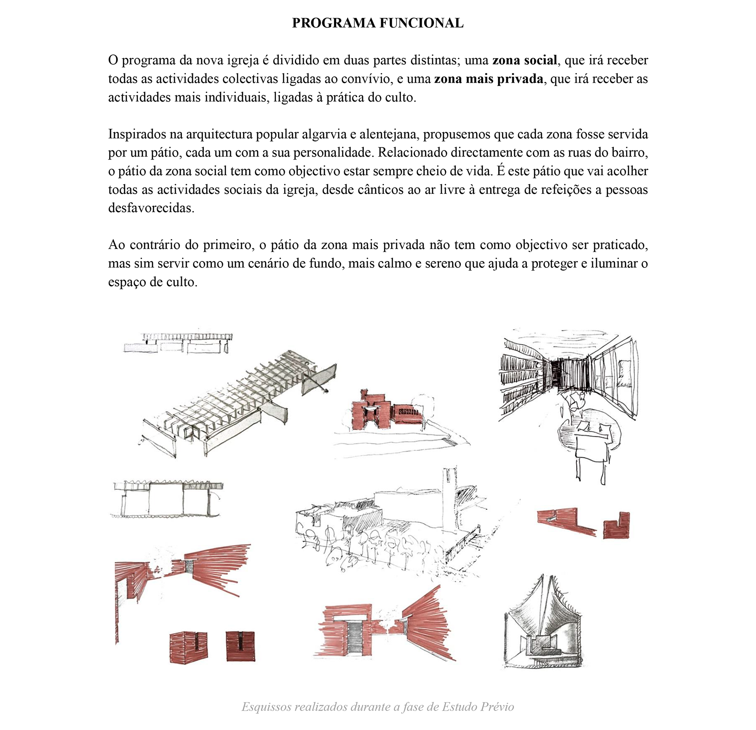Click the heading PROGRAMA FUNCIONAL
pos(378,23)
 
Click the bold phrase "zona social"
pos(524,60)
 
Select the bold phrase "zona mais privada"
pos(489,79)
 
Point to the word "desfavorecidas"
pos(151,208)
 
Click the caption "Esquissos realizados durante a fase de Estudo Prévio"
pos(378,707)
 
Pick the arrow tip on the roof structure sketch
pos(328,391)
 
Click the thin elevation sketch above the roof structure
pos(178,343)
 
